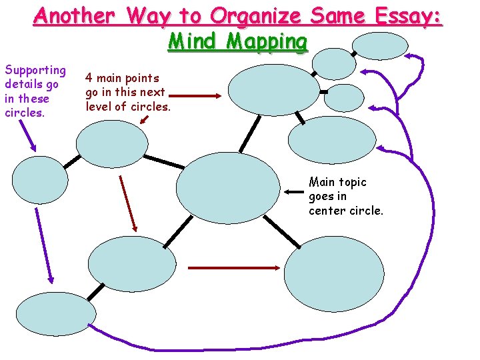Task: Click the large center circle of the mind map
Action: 229,187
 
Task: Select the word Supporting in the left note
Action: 35,70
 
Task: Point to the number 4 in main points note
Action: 89,78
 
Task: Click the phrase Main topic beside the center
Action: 337,182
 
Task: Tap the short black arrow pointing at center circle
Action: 293,193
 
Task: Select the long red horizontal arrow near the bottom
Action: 234,268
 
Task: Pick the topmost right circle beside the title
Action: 379,46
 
